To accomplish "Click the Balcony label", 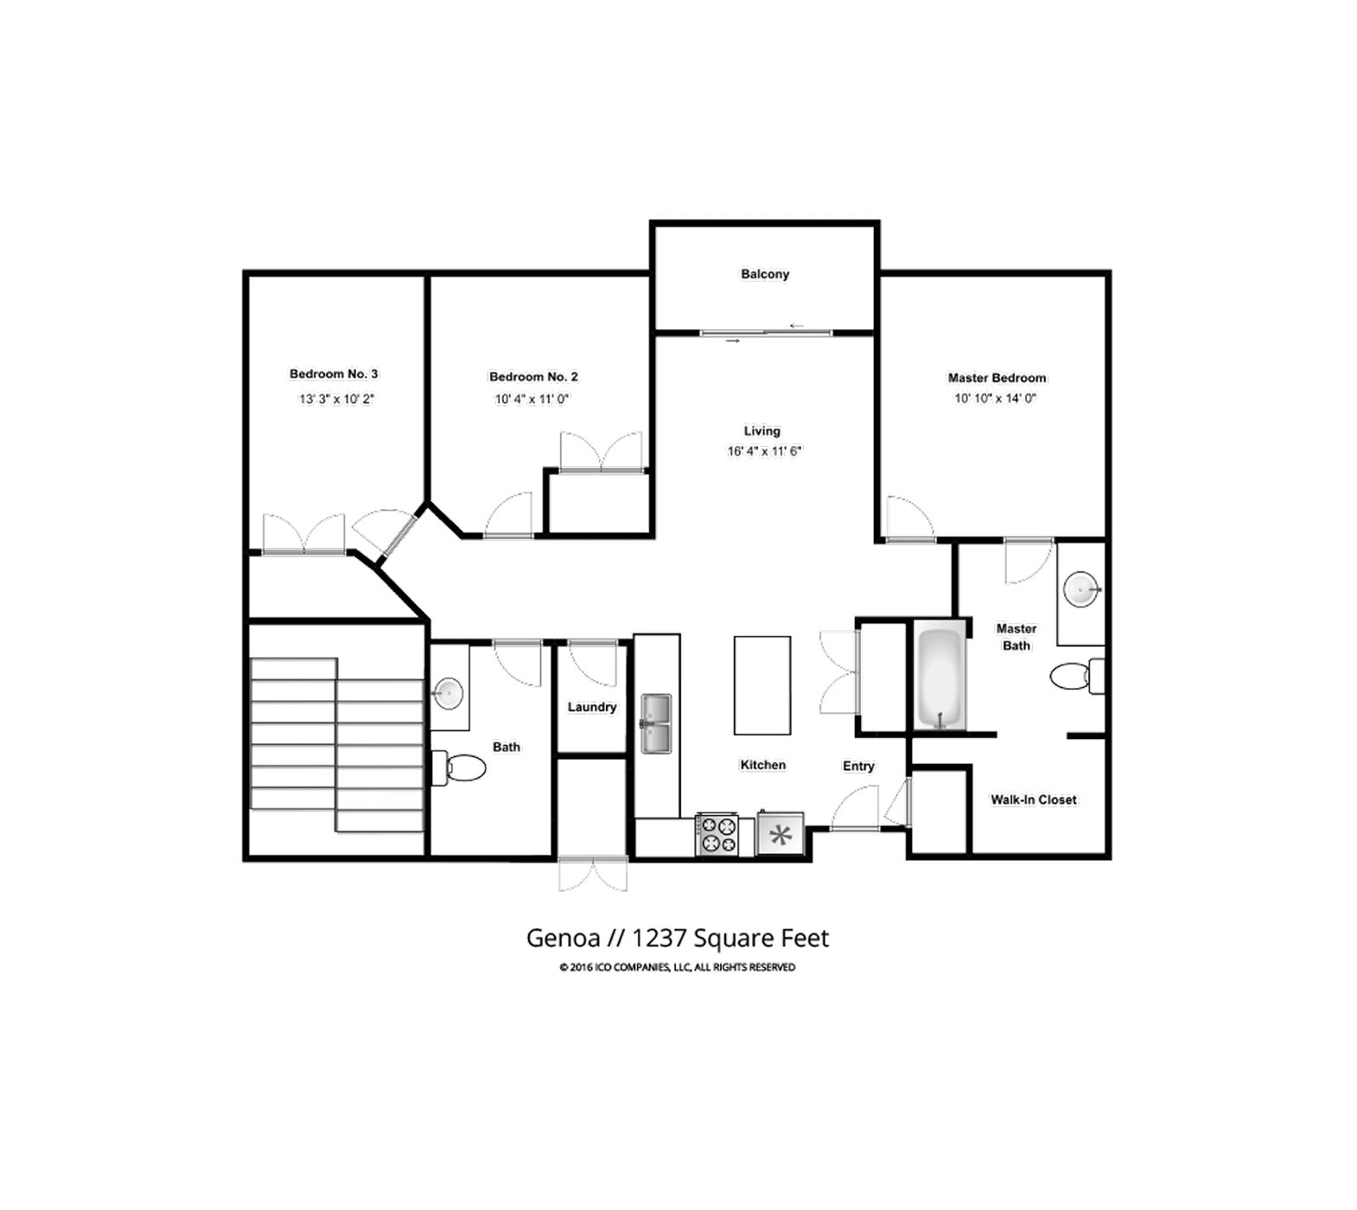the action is click(x=765, y=274).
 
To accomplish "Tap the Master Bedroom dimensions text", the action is click(x=995, y=398).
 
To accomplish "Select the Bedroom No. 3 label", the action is click(x=334, y=373).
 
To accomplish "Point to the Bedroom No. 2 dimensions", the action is click(x=532, y=398).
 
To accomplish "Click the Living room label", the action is click(x=762, y=430).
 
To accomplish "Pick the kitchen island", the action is click(x=762, y=685).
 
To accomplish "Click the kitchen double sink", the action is click(x=655, y=723).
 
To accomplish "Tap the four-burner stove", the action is click(x=717, y=834).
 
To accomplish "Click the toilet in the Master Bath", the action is click(x=1072, y=676).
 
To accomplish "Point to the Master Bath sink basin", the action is click(x=1080, y=591).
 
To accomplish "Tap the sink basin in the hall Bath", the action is click(x=448, y=692).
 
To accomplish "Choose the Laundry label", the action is click(x=592, y=707).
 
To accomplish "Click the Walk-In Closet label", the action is click(x=1034, y=799).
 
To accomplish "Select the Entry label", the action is click(x=858, y=766).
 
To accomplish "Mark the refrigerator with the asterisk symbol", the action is click(x=780, y=835).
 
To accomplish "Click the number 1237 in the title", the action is click(x=659, y=938).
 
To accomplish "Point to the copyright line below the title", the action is click(x=677, y=967).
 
